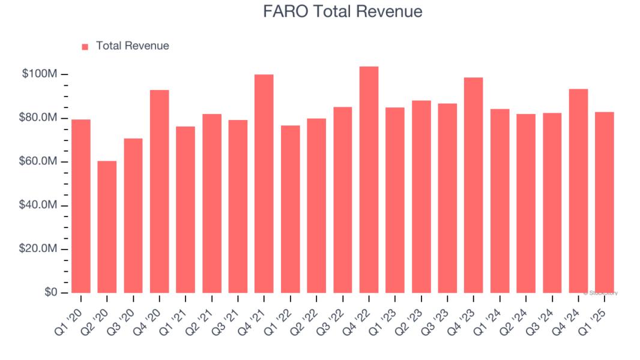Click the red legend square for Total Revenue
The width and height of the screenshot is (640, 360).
pos(85,46)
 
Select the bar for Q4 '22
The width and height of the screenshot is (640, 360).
pos(369,179)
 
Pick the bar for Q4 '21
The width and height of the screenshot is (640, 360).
pos(264,184)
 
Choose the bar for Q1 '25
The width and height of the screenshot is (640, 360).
pos(605,202)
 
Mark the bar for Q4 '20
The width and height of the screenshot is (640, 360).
pos(159,191)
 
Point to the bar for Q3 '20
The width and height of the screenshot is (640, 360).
pos(133,215)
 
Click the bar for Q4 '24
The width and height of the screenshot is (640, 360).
pos(578,191)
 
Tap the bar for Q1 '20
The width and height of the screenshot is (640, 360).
pos(81,206)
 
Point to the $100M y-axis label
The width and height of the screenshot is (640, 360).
pos(40,74)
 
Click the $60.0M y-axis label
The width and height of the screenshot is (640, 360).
pos(40,162)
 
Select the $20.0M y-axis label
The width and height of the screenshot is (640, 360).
pos(40,249)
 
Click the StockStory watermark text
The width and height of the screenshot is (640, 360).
pos(600,293)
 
